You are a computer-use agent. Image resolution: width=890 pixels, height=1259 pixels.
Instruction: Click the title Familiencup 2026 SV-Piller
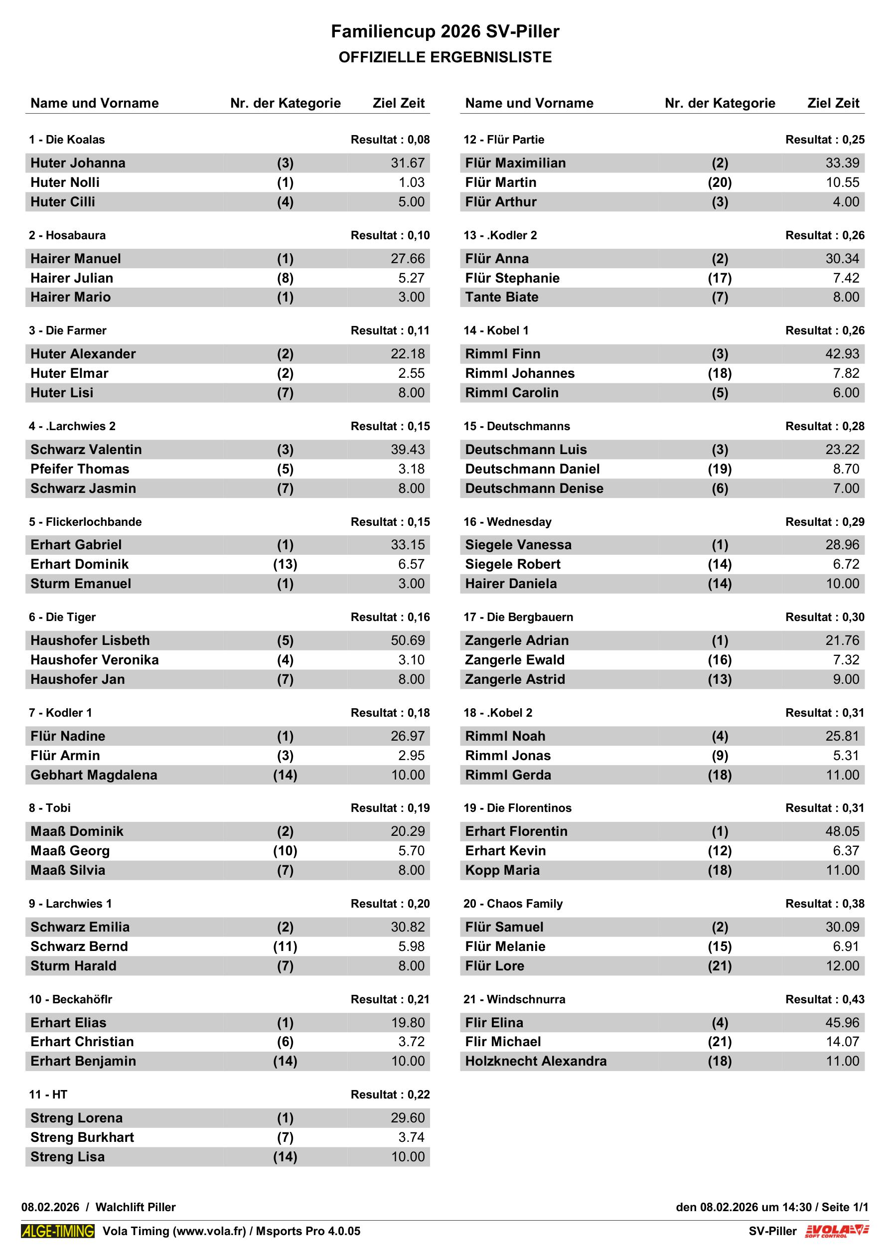tap(445, 32)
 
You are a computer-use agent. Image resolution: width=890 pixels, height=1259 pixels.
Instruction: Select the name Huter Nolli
tap(65, 182)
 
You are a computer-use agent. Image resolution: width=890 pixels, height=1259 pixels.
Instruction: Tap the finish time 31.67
tap(408, 163)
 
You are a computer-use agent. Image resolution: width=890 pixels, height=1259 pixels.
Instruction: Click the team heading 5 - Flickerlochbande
tap(85, 521)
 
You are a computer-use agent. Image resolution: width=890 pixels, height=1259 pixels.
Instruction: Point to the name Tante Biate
tap(501, 297)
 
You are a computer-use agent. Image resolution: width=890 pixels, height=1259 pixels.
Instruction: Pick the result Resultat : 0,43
tap(824, 999)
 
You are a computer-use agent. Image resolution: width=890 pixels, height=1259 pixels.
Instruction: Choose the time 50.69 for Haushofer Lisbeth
tap(408, 640)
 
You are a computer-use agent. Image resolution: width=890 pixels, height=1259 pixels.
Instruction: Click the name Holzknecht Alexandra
tap(535, 1061)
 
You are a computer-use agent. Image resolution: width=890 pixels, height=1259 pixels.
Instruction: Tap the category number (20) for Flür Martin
tap(720, 182)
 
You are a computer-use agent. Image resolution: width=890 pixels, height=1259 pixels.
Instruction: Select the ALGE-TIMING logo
tap(58, 1231)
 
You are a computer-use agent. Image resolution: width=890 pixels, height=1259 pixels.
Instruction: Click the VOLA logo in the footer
tap(837, 1231)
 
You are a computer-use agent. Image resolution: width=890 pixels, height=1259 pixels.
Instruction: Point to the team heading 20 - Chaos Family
tap(513, 904)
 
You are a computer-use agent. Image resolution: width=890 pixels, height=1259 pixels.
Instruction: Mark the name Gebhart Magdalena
tap(94, 775)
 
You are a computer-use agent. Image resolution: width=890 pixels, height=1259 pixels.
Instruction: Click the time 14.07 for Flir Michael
tap(842, 1042)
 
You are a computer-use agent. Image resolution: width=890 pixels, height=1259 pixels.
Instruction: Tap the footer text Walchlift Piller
tap(136, 1207)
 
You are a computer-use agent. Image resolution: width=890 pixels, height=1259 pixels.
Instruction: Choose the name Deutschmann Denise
tap(534, 488)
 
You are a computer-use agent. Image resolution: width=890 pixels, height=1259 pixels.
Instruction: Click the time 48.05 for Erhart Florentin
tap(842, 831)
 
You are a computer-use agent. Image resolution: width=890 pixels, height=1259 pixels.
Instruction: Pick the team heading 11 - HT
tap(48, 1095)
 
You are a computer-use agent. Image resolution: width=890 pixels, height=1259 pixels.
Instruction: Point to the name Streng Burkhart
tap(82, 1137)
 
